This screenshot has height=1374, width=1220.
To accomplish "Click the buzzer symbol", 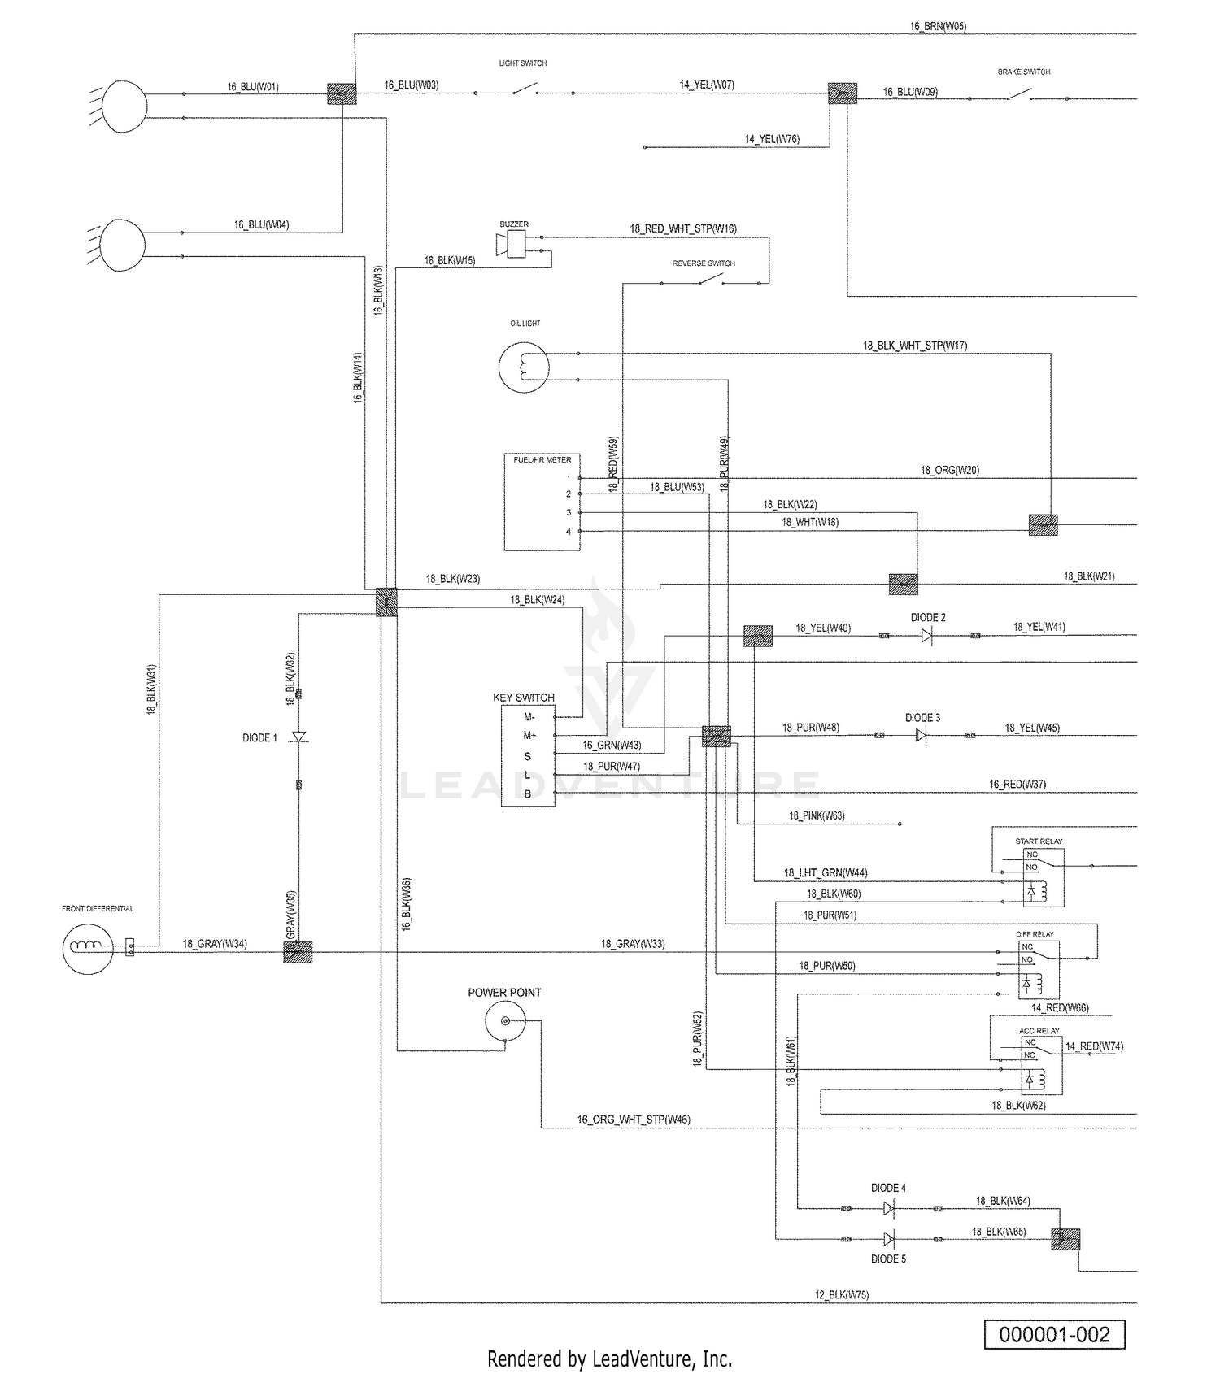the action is pos(511,243).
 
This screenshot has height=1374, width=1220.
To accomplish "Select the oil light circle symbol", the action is pos(524,367).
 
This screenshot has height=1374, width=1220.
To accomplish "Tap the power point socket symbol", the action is pos(505,1021).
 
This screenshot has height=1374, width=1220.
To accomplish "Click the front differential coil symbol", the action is pos(88,947).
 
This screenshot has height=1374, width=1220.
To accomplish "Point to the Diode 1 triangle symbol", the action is pos(298,737).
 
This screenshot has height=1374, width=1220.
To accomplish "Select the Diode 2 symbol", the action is pos(926,635).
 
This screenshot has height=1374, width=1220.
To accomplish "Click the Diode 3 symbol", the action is pos(921,735).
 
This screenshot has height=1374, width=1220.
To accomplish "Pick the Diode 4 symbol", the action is pos(889,1209).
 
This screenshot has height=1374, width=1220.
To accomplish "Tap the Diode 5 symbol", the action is pos(889,1239).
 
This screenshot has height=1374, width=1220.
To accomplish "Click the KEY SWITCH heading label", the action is pos(524,698).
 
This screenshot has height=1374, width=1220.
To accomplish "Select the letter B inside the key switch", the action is pos(528,794).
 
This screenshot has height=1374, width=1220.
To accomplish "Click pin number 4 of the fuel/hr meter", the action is pos(569,532).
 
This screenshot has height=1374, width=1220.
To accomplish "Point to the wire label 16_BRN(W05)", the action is pos(938,27).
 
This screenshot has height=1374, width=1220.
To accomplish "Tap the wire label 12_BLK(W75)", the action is pos(842,1294).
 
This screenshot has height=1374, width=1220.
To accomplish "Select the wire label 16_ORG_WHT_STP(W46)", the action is pos(634,1120).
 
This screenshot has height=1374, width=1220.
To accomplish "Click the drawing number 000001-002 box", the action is pos(1054,1335).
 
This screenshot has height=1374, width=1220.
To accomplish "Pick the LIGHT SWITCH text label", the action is pos(523,63).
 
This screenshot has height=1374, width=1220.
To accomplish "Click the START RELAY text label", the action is pos(1039,841).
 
